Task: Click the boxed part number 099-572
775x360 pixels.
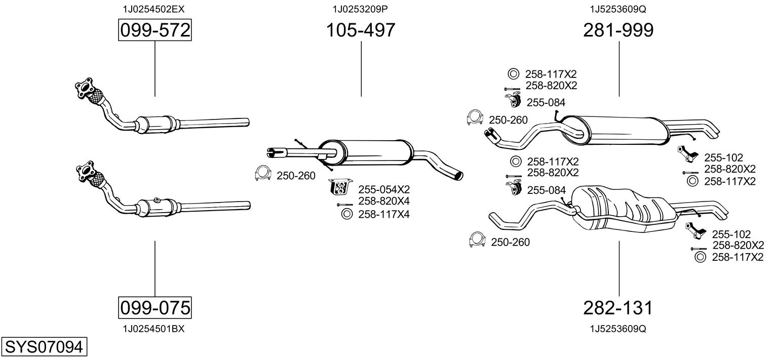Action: click(x=154, y=30)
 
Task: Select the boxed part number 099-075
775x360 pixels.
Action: click(x=154, y=307)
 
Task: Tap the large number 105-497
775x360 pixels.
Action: click(x=361, y=30)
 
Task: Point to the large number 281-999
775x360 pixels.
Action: click(x=618, y=30)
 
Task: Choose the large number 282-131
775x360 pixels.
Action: click(x=618, y=308)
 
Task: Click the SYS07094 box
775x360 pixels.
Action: click(x=44, y=347)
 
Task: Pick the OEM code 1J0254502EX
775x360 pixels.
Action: click(x=153, y=9)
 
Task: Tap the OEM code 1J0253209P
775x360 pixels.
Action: click(x=360, y=9)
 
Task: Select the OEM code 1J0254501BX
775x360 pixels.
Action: click(x=153, y=329)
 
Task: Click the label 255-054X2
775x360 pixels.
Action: click(x=383, y=189)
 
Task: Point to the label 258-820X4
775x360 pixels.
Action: click(x=383, y=201)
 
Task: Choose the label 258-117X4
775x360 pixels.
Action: click(x=383, y=214)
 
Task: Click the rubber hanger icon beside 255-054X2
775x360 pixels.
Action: click(x=340, y=187)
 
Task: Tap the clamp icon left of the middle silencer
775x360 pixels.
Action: click(x=263, y=173)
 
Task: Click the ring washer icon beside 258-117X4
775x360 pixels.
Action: click(x=346, y=214)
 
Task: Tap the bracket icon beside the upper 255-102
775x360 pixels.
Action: click(x=687, y=154)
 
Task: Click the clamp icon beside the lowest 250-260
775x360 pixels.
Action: click(x=478, y=239)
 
